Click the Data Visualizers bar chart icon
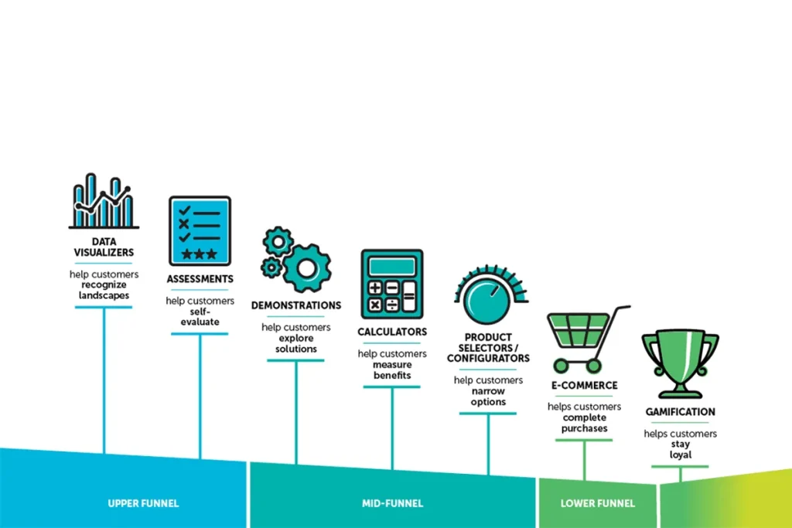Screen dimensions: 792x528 pyautogui.click(x=104, y=201)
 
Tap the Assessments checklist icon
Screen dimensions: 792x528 pyautogui.click(x=200, y=230)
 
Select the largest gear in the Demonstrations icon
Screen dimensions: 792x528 pyautogui.click(x=306, y=268)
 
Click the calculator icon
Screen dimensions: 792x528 pyautogui.click(x=392, y=284)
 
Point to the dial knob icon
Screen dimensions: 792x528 pyautogui.click(x=489, y=301)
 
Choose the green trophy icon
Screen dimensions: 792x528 pyautogui.click(x=681, y=363)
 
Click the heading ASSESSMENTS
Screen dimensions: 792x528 pyautogui.click(x=200, y=279)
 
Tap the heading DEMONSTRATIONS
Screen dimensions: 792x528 pyautogui.click(x=296, y=305)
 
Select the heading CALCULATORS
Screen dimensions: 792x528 pyautogui.click(x=392, y=332)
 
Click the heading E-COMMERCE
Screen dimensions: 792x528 pyautogui.click(x=585, y=385)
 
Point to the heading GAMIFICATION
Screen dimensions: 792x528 pyautogui.click(x=681, y=412)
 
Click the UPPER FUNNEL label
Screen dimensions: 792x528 pyautogui.click(x=143, y=503)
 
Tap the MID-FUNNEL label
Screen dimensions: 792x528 pyautogui.click(x=392, y=503)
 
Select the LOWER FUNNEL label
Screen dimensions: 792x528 pyautogui.click(x=598, y=503)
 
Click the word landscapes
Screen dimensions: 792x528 pyautogui.click(x=104, y=296)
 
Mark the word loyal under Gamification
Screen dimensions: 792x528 pyautogui.click(x=681, y=455)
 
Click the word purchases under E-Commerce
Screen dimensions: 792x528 pyautogui.click(x=585, y=428)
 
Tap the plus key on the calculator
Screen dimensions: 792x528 pyautogui.click(x=375, y=288)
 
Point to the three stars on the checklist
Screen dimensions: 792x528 pyautogui.click(x=200, y=254)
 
